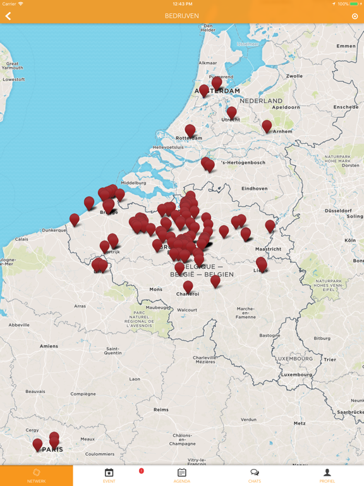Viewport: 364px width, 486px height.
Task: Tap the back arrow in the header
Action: tap(8, 16)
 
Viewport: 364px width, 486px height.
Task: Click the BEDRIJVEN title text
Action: tap(182, 16)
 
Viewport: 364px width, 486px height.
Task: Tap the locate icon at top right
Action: tap(355, 16)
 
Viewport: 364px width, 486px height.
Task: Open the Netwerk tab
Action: tap(37, 475)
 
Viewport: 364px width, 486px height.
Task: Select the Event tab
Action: tap(109, 475)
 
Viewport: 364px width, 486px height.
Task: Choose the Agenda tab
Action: tap(182, 475)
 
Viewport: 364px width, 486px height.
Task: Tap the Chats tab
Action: tap(255, 475)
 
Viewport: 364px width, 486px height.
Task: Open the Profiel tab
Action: tap(327, 475)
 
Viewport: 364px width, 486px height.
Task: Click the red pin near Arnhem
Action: tap(267, 126)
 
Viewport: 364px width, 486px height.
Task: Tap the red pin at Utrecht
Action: tap(231, 112)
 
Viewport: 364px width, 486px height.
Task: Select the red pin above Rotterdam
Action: tap(190, 130)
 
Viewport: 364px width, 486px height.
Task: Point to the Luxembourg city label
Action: tap(296, 374)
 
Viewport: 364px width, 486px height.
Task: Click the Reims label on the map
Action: tap(161, 409)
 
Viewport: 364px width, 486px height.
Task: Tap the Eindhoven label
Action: tap(254, 189)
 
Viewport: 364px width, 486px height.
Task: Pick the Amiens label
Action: tap(49, 346)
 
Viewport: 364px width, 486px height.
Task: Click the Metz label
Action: tap(300, 423)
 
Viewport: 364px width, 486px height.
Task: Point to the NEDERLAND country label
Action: tap(261, 101)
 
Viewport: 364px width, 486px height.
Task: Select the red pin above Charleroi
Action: tap(188, 285)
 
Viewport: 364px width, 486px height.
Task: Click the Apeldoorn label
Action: tap(286, 108)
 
